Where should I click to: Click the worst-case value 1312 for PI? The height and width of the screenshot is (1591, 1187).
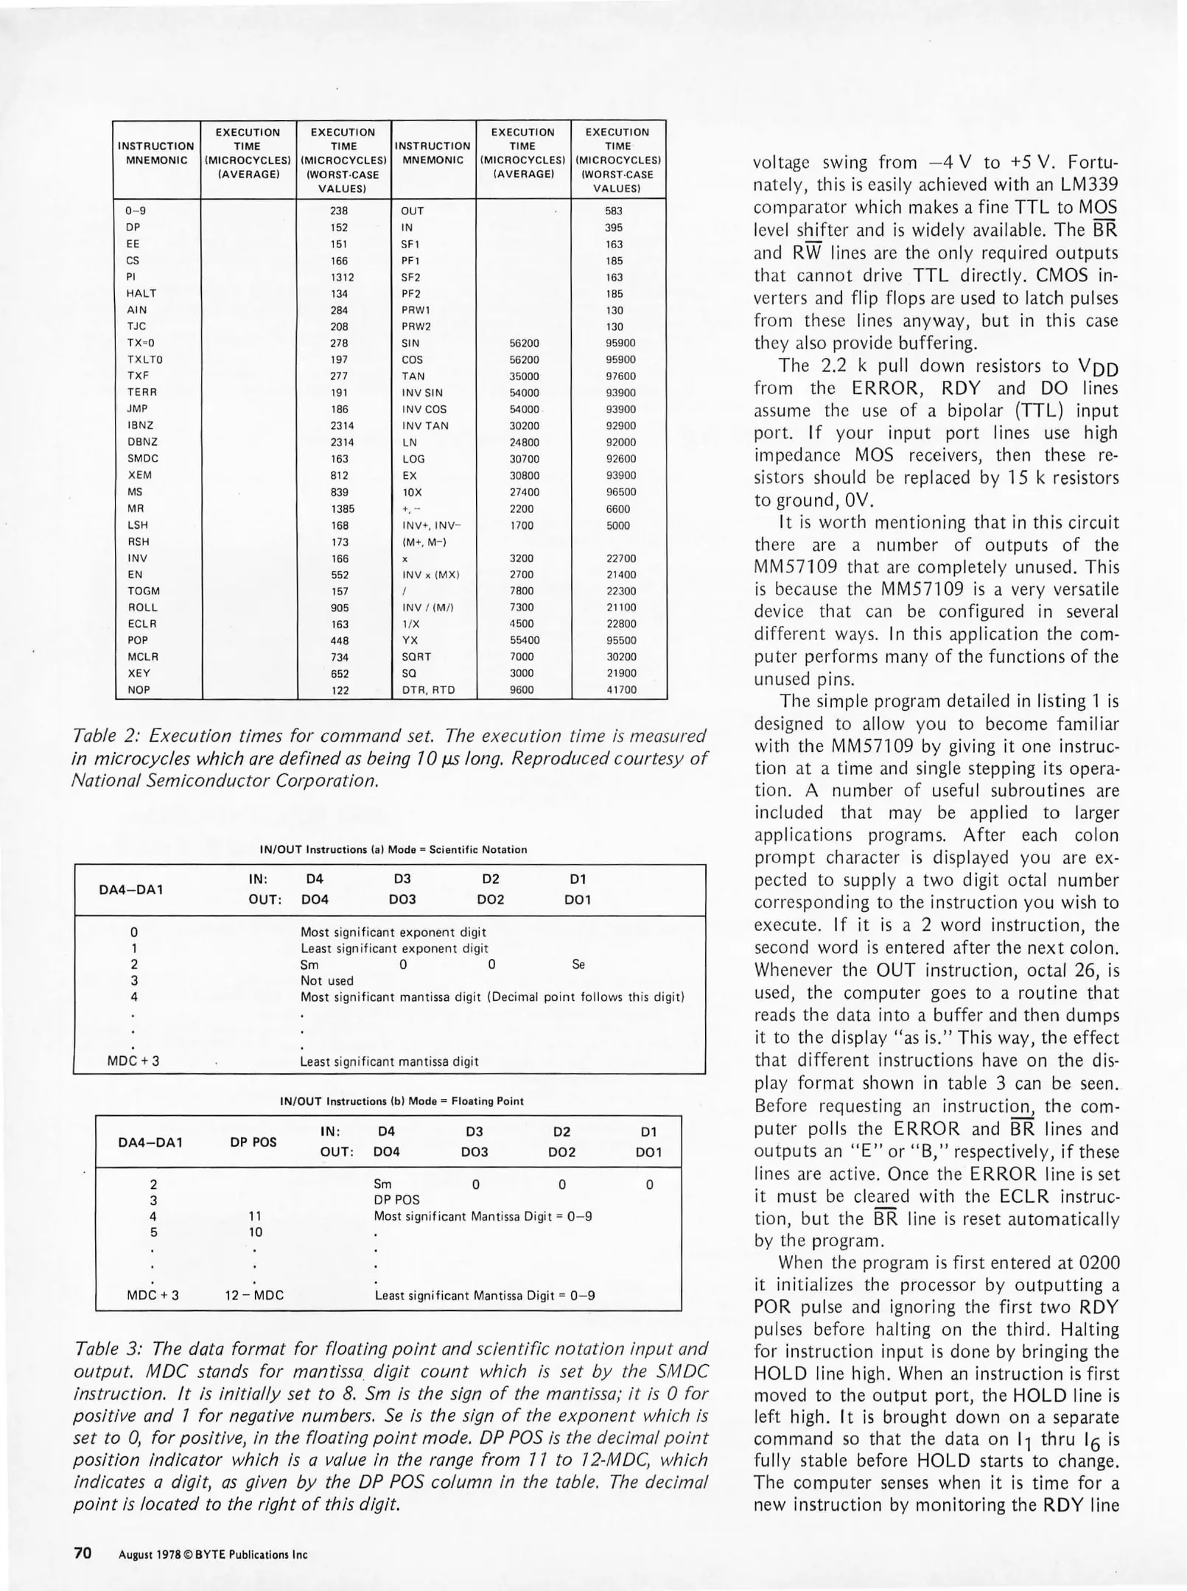pyautogui.click(x=342, y=278)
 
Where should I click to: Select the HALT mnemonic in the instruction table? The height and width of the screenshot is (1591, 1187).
pyautogui.click(x=141, y=293)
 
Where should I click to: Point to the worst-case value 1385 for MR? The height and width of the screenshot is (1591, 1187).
pyautogui.click(x=342, y=509)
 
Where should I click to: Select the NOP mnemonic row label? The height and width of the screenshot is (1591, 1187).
pyautogui.click(x=139, y=690)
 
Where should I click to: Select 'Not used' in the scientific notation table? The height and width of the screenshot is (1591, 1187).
pyautogui.click(x=326, y=980)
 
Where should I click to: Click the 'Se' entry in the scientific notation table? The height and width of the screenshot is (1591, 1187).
pyautogui.click(x=578, y=964)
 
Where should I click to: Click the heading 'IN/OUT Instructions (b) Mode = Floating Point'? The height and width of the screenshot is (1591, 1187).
pyautogui.click(x=402, y=1101)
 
